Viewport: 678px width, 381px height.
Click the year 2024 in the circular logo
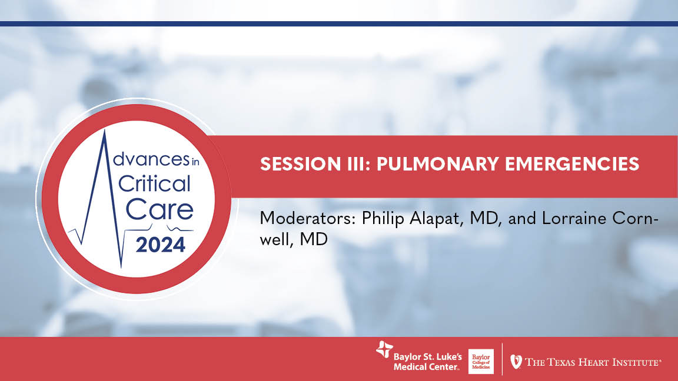tap(160, 244)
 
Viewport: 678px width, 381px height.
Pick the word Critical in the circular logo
tap(155, 183)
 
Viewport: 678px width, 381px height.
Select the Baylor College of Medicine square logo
tap(481, 361)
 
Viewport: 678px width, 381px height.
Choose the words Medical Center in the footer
tap(426, 366)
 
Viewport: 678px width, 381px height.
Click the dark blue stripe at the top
tap(339, 24)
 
